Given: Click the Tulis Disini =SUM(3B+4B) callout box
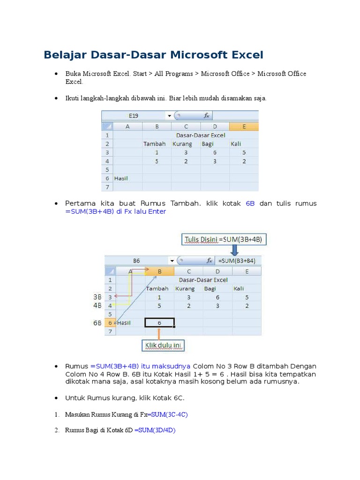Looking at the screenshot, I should [225, 240].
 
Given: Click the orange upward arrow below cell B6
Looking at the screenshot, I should [159, 333].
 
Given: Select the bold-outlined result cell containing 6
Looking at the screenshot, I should [160, 322].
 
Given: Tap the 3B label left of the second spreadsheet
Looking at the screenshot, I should [97, 297].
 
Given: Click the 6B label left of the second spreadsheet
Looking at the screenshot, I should [97, 322].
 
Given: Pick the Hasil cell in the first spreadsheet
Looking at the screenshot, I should [121, 178].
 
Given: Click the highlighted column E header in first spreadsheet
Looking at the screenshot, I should [244, 126].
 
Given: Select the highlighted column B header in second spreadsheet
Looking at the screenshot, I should [159, 271].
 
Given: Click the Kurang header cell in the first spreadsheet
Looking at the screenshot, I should [182, 144].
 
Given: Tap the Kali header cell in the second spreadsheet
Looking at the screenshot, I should [239, 288].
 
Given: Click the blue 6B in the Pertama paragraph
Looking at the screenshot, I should [250, 203].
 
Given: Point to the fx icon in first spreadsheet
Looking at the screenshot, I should [206, 115].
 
